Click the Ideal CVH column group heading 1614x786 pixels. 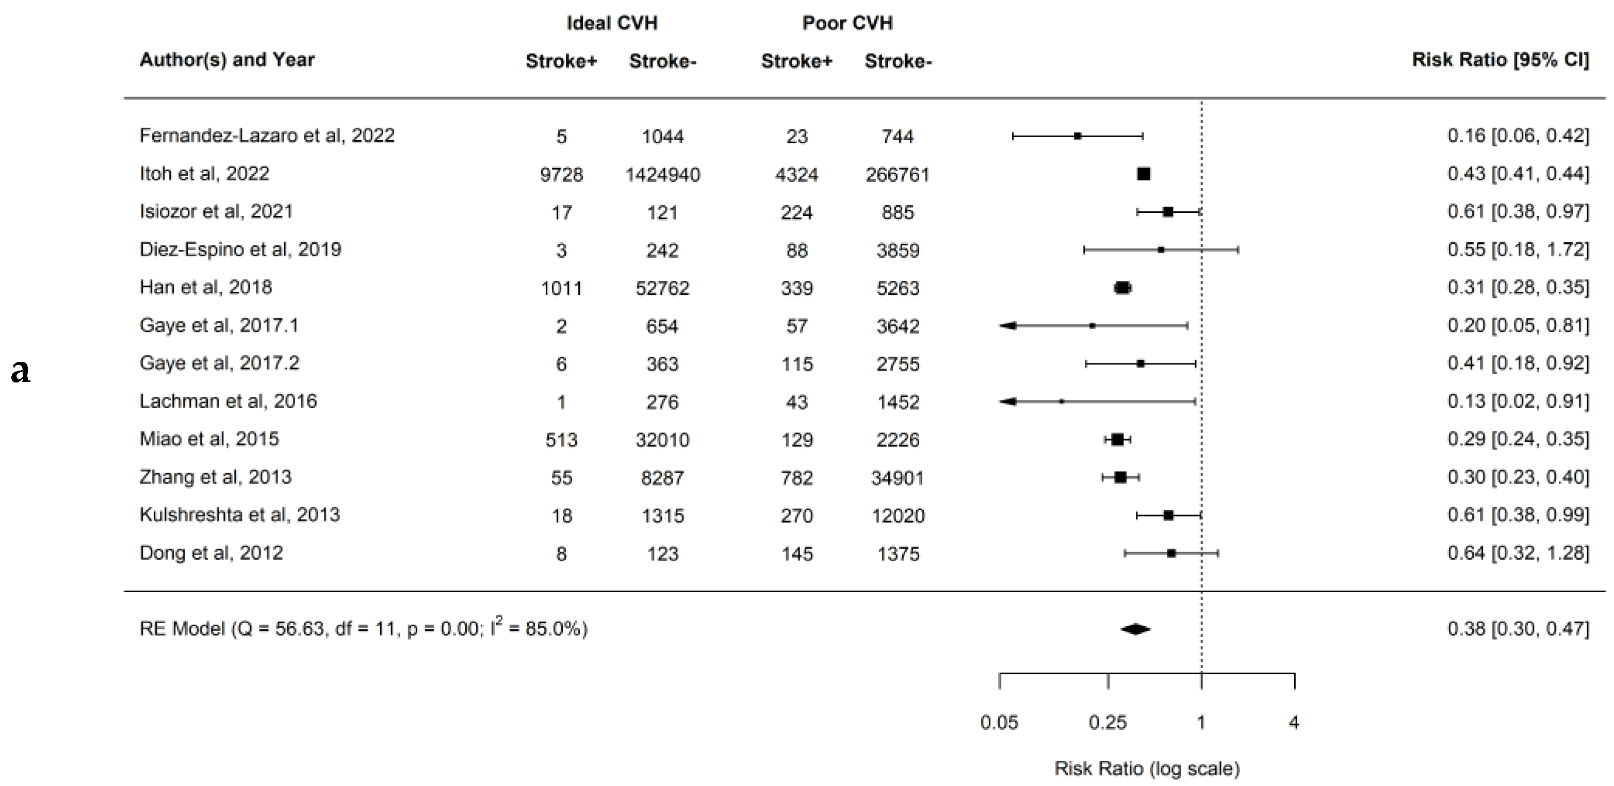(x=612, y=23)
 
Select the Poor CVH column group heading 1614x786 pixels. (x=847, y=23)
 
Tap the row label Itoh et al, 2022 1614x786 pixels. (x=204, y=174)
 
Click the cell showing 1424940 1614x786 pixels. (x=662, y=175)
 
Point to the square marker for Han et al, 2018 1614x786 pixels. (x=1122, y=288)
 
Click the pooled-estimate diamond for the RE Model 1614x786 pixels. (x=1135, y=629)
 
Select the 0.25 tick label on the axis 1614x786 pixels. (x=1108, y=723)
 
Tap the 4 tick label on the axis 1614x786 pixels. (x=1294, y=723)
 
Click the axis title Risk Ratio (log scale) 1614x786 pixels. (x=1147, y=768)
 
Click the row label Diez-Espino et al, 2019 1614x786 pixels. (x=240, y=249)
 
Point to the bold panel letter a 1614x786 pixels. (x=21, y=371)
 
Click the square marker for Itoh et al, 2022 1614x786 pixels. (x=1144, y=174)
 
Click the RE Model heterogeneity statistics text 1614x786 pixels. (x=364, y=628)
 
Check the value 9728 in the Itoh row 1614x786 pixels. (x=561, y=175)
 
